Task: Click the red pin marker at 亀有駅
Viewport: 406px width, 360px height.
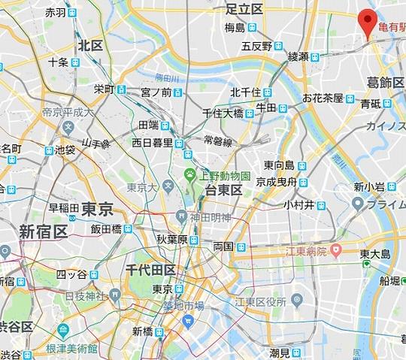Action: click(367, 21)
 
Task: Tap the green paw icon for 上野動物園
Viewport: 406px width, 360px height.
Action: click(190, 177)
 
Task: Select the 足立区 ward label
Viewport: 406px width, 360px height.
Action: click(244, 8)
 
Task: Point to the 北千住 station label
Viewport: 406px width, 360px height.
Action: click(245, 92)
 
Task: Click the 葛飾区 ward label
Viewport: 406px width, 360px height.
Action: click(384, 83)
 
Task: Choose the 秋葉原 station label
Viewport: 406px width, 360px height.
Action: click(171, 239)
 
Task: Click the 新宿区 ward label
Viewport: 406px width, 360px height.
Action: click(43, 231)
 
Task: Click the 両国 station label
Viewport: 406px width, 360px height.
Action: click(223, 246)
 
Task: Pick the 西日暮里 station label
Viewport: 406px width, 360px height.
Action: click(153, 142)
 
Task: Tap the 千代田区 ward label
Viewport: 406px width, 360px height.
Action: click(150, 269)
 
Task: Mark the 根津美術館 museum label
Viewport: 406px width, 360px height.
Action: click(71, 348)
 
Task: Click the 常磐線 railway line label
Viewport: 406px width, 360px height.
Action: click(219, 140)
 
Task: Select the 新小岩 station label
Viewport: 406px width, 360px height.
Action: click(369, 186)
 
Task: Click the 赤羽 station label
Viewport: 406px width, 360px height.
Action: click(56, 13)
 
